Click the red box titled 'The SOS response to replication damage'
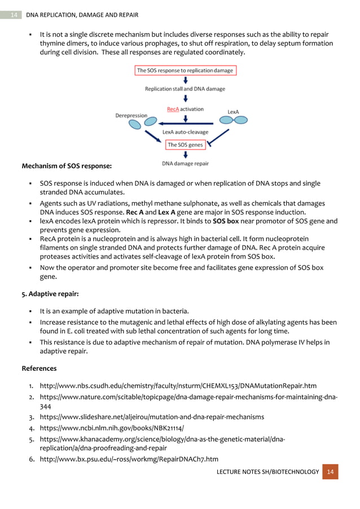(185, 71)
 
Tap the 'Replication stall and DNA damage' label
(185, 89)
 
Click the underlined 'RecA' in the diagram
(173, 109)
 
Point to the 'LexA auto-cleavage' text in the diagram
(185, 132)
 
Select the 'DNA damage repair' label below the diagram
(185, 164)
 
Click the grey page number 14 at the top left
(14, 14)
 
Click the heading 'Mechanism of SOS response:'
(67, 166)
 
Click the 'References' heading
(39, 368)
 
